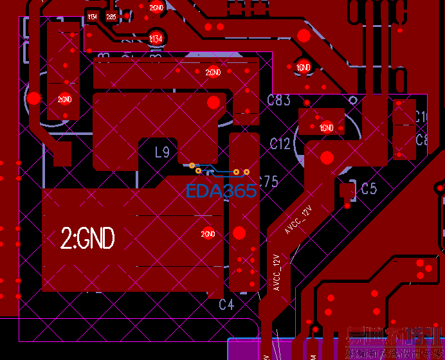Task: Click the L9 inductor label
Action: (x=162, y=152)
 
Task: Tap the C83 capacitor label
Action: (x=278, y=100)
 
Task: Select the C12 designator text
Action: (x=280, y=143)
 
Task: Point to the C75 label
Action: (x=269, y=181)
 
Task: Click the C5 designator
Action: (x=368, y=188)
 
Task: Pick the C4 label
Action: (x=226, y=304)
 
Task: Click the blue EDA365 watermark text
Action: (x=221, y=190)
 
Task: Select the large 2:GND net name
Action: (x=87, y=239)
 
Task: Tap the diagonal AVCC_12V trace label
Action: (x=298, y=220)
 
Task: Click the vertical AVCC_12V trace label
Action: (x=277, y=273)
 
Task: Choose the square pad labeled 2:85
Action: (x=111, y=17)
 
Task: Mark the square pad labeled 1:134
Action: (x=93, y=16)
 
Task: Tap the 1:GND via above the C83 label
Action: (x=303, y=66)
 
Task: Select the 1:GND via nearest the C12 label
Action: (x=326, y=127)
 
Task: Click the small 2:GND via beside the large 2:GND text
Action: (x=207, y=234)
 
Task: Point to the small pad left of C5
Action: (x=347, y=190)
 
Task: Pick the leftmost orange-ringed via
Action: (x=192, y=166)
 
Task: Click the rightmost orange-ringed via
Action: (x=246, y=172)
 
